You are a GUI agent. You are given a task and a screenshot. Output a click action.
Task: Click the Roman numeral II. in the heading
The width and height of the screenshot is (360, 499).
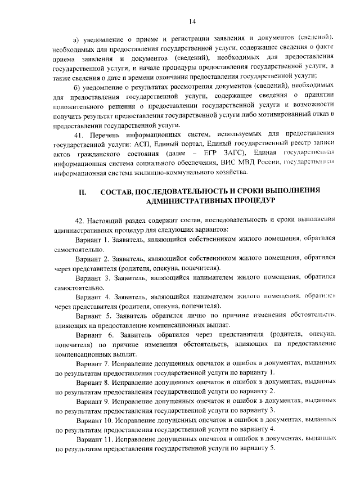point(82,192)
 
